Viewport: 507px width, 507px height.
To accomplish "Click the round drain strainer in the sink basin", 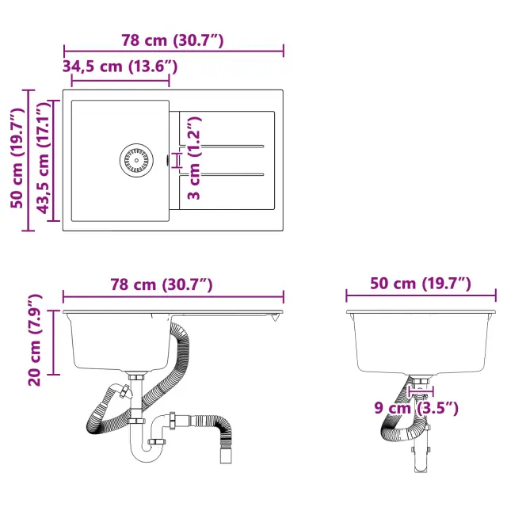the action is [136, 160].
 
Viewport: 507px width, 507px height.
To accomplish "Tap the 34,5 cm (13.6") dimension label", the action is [120, 67].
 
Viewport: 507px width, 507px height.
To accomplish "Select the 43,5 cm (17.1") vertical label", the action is [44, 158].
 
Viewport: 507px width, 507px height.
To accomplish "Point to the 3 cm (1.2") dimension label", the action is [194, 158].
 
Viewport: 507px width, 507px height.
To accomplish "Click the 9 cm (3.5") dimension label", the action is [417, 408].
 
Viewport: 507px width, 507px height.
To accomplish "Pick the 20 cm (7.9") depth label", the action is [35, 340].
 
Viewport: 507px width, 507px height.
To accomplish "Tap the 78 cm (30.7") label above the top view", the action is [173, 40].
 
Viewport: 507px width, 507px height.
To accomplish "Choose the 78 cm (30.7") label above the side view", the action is [162, 284].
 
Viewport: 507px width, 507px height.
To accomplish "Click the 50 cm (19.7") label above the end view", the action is [421, 284].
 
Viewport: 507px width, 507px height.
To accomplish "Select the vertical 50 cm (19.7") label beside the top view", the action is [17, 158].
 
